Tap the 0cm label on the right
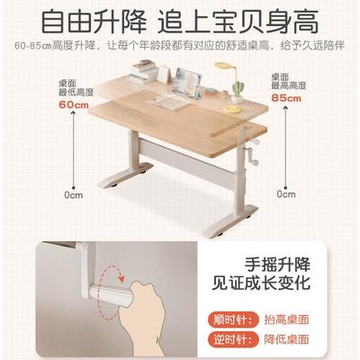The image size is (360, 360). coord(286,193)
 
